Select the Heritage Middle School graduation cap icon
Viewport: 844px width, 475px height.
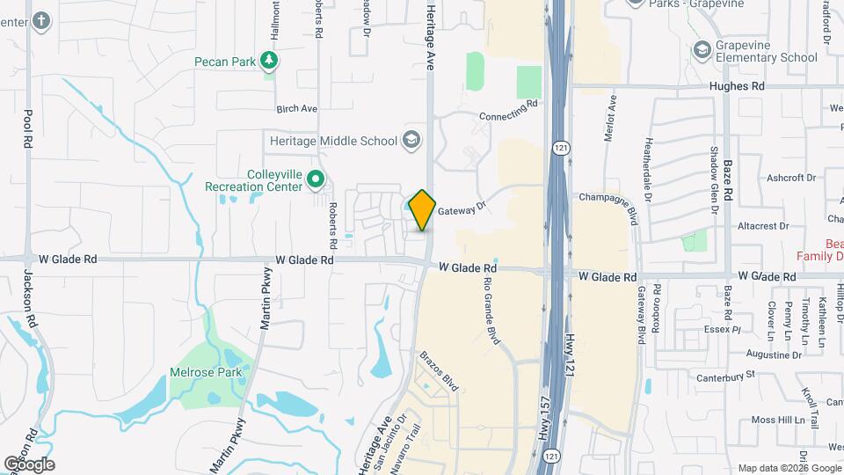[x=411, y=139]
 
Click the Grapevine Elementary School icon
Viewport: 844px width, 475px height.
[x=702, y=49]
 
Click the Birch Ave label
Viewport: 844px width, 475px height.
[x=296, y=109]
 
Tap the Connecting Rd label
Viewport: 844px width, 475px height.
[x=508, y=112]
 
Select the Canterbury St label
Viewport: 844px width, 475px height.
[x=726, y=375]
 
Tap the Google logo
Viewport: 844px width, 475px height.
[x=29, y=464]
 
